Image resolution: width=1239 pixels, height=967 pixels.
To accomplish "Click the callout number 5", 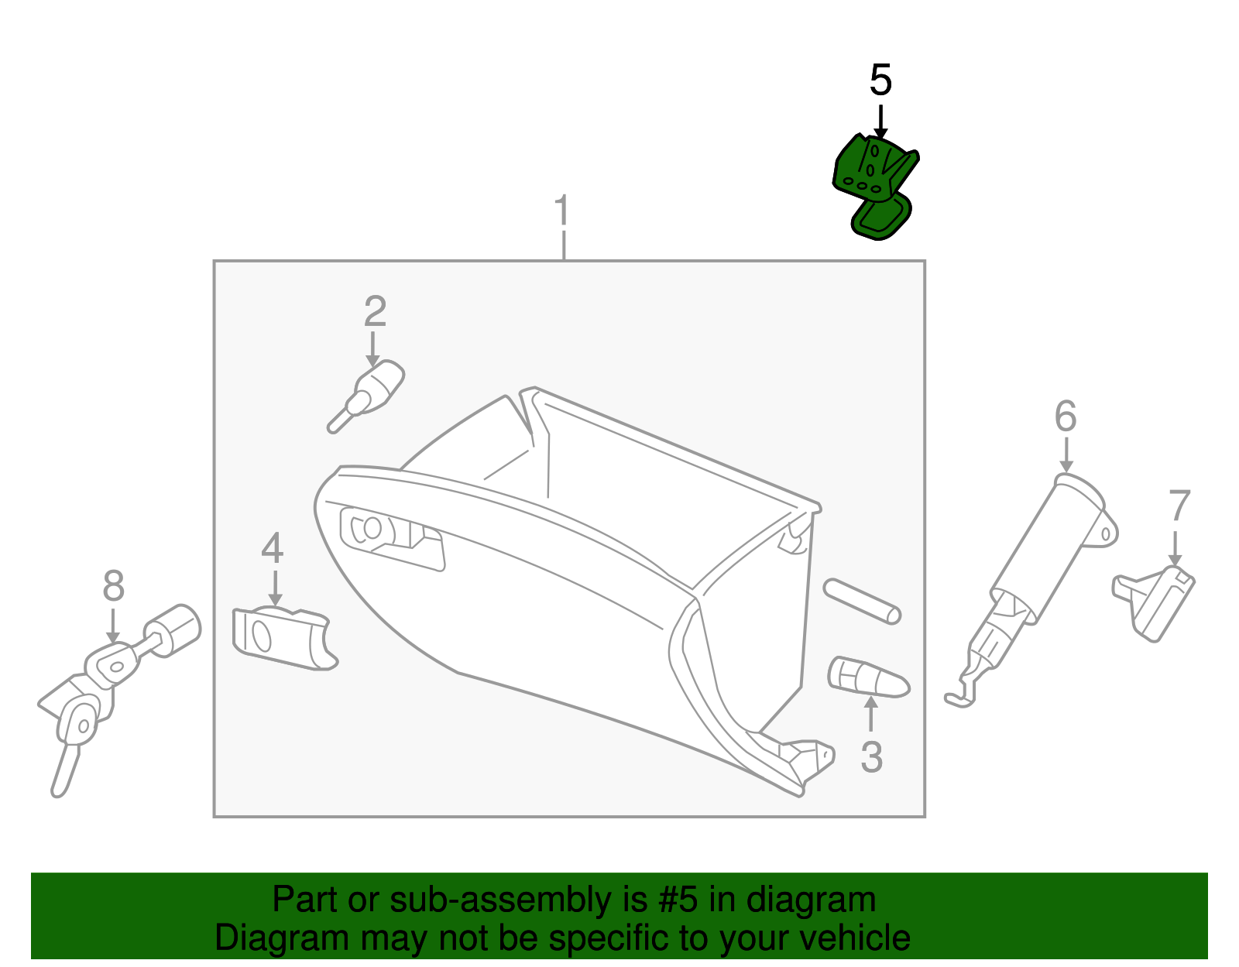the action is click(880, 81).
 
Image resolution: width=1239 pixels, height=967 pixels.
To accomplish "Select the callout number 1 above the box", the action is click(562, 211).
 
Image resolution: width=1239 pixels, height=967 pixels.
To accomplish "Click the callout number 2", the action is click(375, 312).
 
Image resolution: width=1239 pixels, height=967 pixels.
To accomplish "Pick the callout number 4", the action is click(272, 549).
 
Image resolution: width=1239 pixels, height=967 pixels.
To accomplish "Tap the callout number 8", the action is click(113, 586).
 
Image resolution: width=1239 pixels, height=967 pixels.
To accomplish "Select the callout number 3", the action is click(871, 757).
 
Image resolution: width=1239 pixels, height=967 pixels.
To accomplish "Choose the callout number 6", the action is click(1066, 417).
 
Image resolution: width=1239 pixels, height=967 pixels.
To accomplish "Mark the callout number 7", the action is click(1179, 506).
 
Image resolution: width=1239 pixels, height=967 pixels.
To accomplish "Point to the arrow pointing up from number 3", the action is click(871, 713).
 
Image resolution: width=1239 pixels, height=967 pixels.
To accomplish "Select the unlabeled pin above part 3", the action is click(862, 600).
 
